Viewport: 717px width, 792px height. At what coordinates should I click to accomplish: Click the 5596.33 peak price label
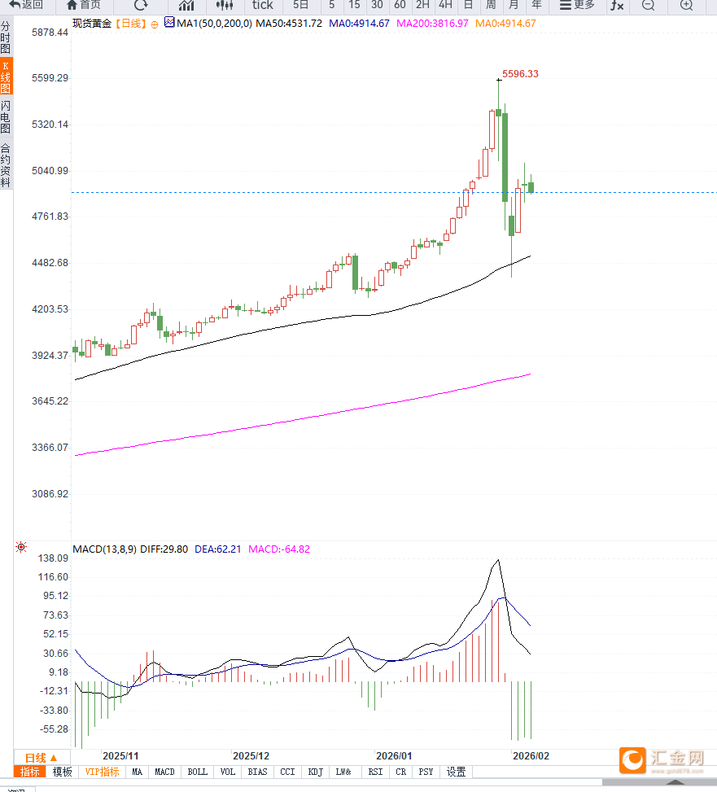tap(520, 74)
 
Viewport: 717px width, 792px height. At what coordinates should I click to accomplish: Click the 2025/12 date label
tap(251, 755)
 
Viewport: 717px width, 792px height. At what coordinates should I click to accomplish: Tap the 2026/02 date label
tap(531, 755)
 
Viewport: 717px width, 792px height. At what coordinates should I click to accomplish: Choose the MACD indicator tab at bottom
tap(164, 772)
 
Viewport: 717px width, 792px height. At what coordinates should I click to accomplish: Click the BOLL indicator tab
tap(197, 772)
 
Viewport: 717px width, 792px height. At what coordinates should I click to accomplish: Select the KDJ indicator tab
tap(315, 772)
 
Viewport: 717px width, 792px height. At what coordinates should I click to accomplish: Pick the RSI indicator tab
tap(375, 772)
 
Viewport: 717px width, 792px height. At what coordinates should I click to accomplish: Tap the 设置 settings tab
tap(457, 772)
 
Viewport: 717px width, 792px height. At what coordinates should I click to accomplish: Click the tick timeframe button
tap(262, 5)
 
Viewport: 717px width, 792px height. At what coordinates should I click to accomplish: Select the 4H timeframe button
tap(445, 5)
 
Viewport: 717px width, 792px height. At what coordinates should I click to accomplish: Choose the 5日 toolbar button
tap(301, 5)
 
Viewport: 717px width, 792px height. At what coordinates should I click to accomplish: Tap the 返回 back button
tap(26, 5)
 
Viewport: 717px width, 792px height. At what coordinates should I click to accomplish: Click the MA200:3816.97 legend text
tap(432, 24)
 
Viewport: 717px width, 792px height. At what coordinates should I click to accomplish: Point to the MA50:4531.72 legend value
tap(289, 24)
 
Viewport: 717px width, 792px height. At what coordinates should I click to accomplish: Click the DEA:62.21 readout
tap(217, 549)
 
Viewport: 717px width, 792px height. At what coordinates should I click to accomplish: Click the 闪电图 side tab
tap(6, 117)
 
